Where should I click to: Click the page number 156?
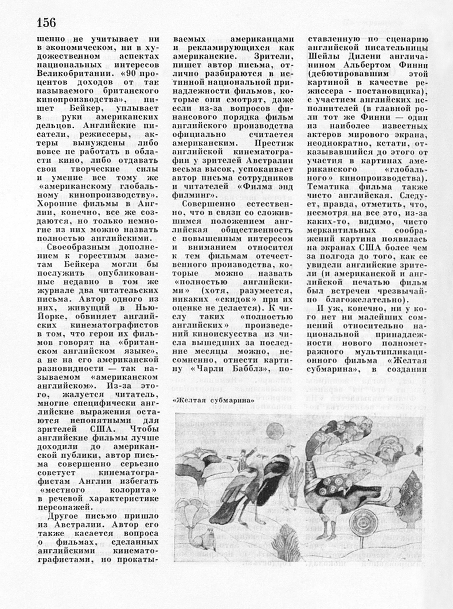tap(46, 23)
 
